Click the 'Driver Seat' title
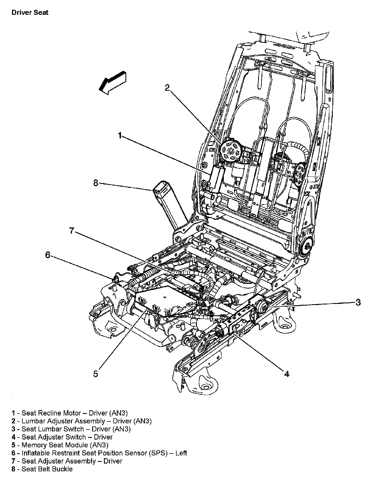point(30,13)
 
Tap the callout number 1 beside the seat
point(120,136)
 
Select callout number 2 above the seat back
point(167,88)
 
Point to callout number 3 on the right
point(358,302)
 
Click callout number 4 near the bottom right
point(287,374)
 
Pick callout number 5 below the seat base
point(96,374)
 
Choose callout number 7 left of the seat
point(72,231)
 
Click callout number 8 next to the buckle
point(96,183)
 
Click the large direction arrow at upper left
point(113,81)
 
